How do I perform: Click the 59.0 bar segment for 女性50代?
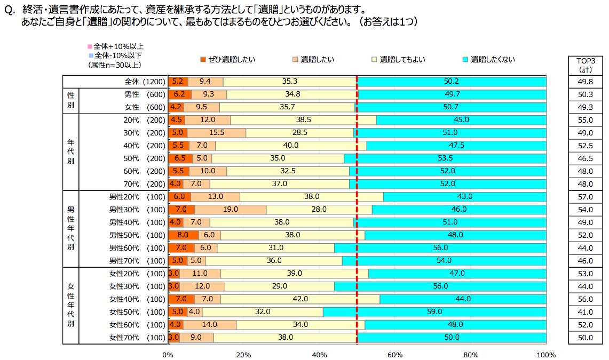(434, 312)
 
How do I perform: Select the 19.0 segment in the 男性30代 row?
(231, 210)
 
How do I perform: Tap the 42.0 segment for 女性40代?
(300, 299)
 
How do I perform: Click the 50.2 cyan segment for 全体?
(452, 82)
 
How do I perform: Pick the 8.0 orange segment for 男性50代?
(183, 235)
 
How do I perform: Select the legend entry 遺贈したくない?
(489, 60)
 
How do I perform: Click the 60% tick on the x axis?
(395, 354)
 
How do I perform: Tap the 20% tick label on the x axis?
(243, 354)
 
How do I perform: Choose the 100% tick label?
(546, 354)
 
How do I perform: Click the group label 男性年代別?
(70, 229)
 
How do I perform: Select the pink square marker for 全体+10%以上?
(90, 46)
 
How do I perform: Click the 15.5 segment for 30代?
(217, 133)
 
